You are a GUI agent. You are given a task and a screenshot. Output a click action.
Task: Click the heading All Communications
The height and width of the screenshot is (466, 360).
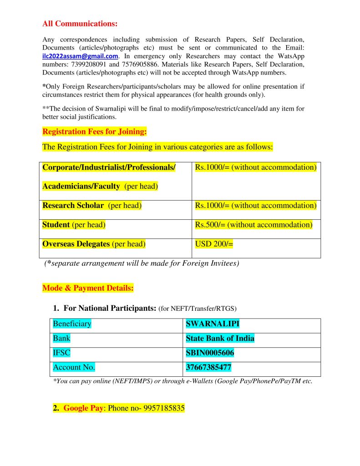(x=80, y=24)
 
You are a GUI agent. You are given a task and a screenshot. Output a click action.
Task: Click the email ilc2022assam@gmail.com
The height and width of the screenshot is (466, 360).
(x=80, y=56)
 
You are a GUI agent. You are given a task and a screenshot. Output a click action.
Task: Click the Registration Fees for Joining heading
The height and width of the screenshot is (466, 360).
(x=95, y=132)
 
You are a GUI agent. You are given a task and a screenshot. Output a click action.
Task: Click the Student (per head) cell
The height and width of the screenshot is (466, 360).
(x=74, y=225)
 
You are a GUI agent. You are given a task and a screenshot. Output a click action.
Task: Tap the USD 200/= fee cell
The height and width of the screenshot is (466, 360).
(x=214, y=244)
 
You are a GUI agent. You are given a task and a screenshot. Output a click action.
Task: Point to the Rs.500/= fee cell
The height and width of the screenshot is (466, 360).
(x=254, y=225)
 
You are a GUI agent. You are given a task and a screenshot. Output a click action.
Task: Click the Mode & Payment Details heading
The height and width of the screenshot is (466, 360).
(x=88, y=288)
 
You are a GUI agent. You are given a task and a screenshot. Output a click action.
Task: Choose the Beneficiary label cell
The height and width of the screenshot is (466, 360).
(x=72, y=324)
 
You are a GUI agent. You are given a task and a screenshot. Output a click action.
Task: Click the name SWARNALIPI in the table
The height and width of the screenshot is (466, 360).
(x=213, y=324)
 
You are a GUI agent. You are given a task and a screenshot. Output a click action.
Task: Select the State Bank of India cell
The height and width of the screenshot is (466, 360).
(x=220, y=339)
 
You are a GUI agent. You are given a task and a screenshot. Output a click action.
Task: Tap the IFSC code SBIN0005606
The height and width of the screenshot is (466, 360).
(x=210, y=353)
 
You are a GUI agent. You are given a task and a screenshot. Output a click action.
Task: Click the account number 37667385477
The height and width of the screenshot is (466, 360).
(x=209, y=368)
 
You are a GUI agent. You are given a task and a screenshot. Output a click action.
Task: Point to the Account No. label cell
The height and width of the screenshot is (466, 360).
(x=74, y=368)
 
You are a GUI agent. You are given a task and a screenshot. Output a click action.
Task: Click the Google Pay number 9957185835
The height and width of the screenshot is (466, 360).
(x=164, y=408)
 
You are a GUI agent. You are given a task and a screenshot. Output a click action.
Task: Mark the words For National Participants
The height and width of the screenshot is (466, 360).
(x=110, y=308)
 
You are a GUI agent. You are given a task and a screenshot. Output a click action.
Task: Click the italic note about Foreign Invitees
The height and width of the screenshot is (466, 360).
(x=142, y=263)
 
